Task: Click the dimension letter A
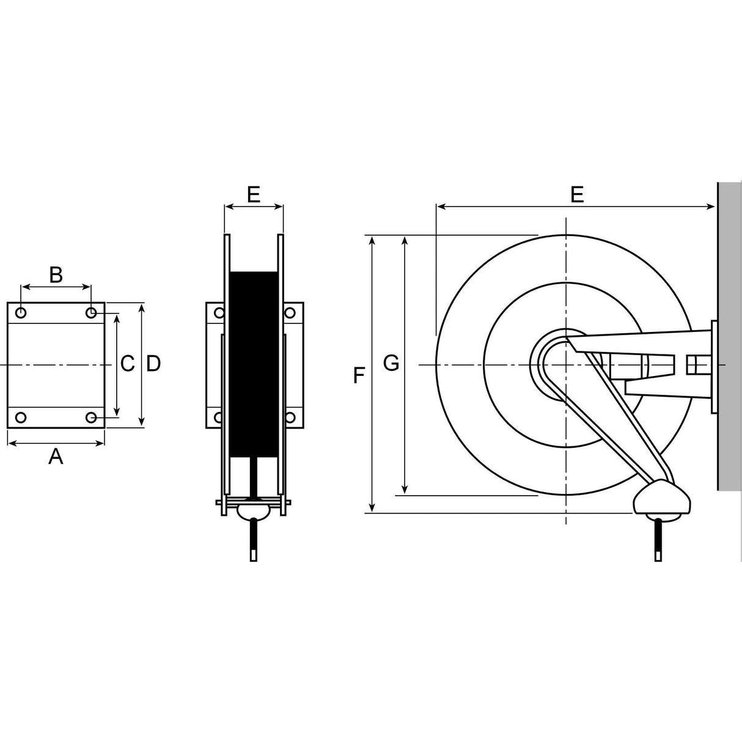(56, 456)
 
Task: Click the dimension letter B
(56, 275)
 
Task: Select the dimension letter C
(127, 364)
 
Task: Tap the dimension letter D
(153, 364)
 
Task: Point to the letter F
(359, 375)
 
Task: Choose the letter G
(391, 364)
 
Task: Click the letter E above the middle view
(254, 194)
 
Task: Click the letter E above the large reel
(577, 194)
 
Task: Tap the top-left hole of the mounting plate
(21, 313)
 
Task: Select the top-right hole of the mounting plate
(91, 313)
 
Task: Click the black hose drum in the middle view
(254, 364)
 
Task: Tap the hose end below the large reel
(658, 541)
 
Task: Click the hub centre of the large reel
(566, 365)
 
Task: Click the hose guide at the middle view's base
(254, 509)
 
